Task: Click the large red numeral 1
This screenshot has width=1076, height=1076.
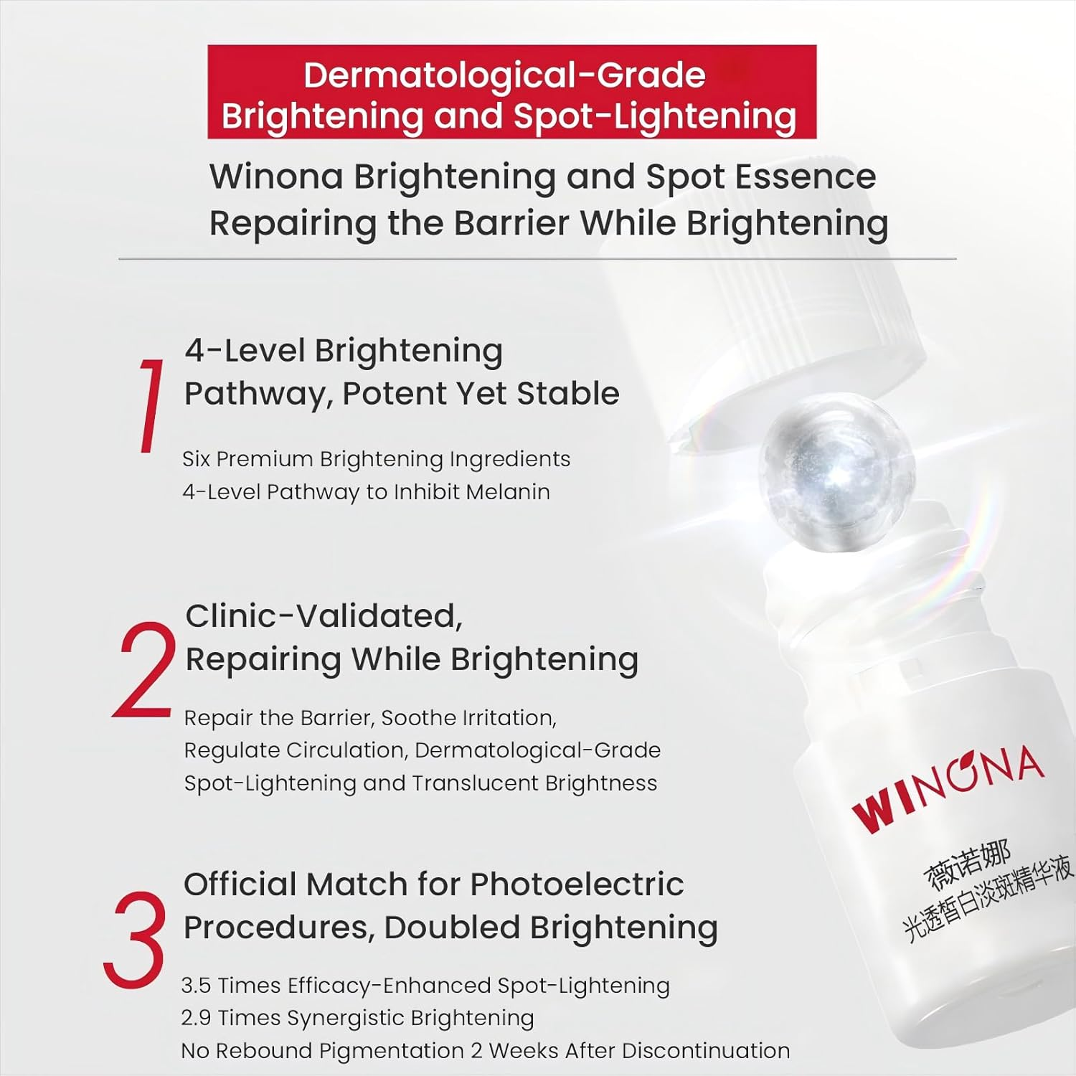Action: click(151, 405)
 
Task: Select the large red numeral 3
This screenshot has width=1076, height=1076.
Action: click(135, 939)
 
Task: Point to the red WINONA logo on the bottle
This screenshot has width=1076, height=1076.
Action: click(947, 789)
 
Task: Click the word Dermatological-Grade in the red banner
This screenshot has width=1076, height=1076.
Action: click(504, 75)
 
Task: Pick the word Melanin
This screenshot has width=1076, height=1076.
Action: click(508, 492)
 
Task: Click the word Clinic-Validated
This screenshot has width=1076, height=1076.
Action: click(324, 616)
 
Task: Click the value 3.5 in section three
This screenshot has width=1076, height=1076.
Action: click(196, 986)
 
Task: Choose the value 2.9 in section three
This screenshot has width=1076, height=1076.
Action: click(196, 1018)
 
